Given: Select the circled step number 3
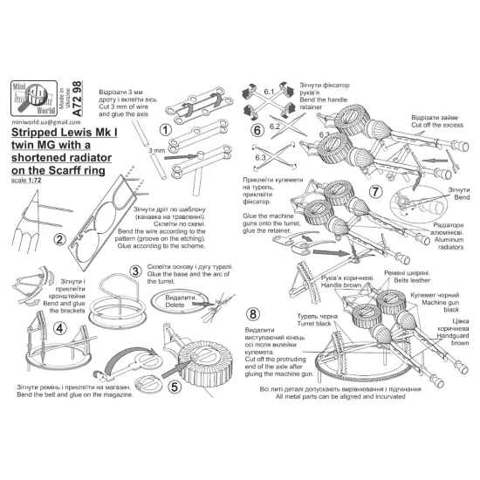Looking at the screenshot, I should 136,271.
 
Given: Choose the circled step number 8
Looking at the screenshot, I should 254,313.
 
